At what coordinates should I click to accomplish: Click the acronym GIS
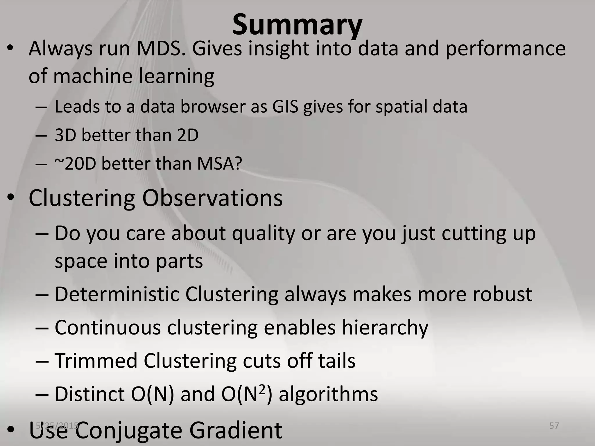285,107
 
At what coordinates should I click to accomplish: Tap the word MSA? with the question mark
219,164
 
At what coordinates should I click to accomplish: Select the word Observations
212,198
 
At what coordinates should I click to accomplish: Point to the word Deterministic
117,294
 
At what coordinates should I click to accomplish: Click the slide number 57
554,426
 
